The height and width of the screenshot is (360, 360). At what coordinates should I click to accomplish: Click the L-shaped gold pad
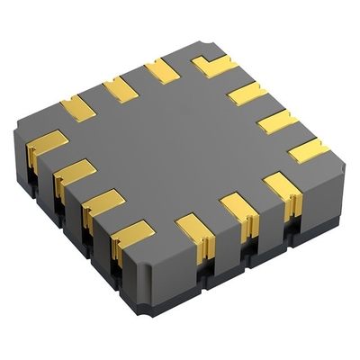pos(213,65)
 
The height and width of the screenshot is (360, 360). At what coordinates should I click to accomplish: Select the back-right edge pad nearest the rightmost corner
pos(309,149)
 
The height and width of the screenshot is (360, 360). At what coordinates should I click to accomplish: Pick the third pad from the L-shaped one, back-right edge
pos(277,121)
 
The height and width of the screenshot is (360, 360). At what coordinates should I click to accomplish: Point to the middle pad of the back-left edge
pos(120,88)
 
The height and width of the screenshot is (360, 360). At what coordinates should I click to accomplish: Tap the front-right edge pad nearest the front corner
pos(194,231)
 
